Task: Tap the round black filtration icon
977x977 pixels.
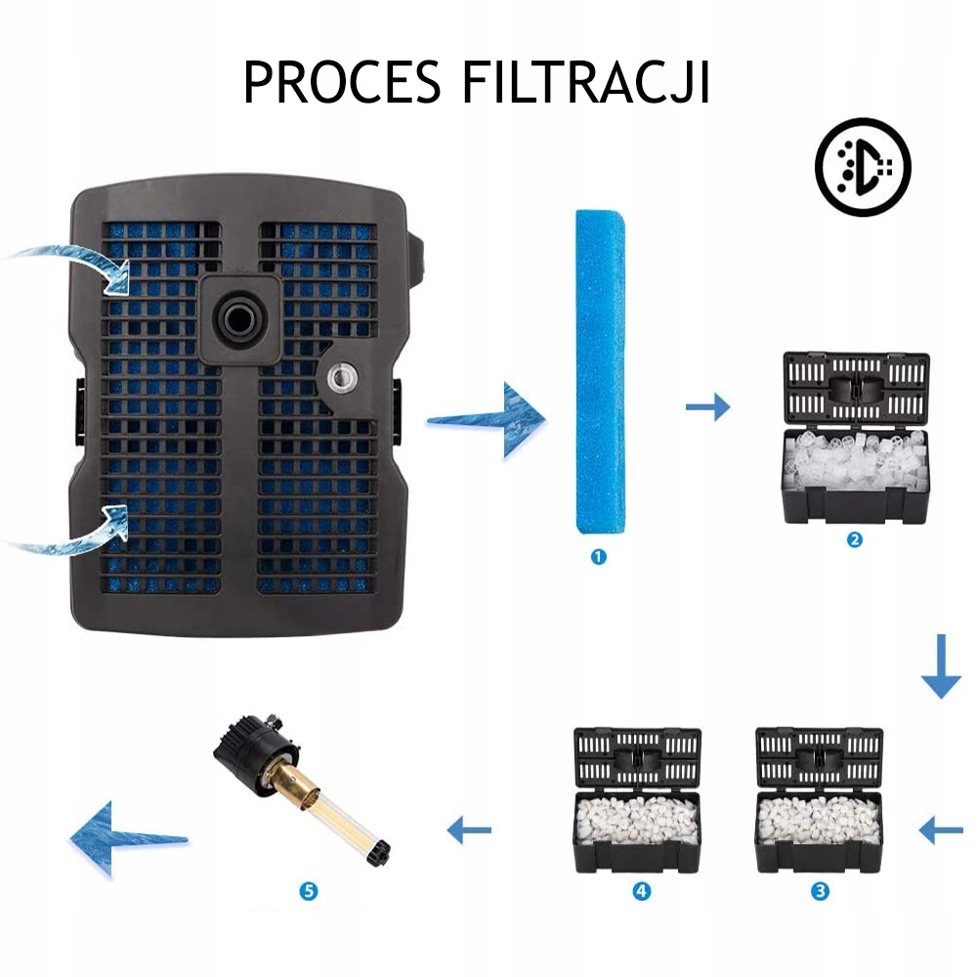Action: (863, 167)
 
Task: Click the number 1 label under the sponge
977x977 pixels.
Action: (599, 557)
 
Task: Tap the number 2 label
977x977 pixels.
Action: (855, 538)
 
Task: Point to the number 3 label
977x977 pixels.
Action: (820, 890)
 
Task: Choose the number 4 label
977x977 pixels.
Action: (642, 890)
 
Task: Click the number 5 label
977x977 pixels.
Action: (310, 890)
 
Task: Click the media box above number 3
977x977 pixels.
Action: (820, 801)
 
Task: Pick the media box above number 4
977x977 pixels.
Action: (636, 801)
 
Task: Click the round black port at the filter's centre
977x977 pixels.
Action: (240, 318)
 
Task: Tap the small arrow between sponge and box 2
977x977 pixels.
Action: (707, 405)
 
